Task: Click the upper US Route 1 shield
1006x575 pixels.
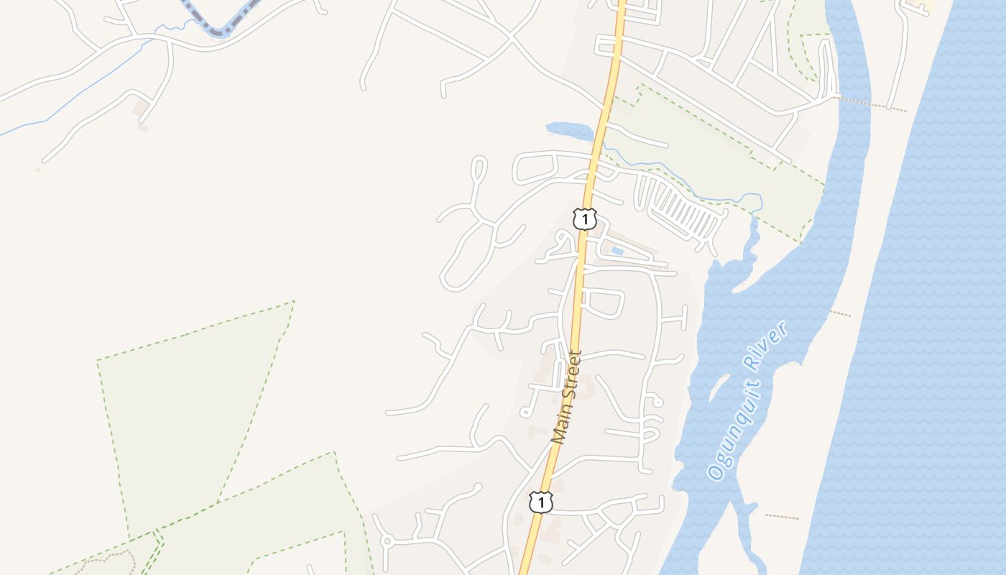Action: [585, 218]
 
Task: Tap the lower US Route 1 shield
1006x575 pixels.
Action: [540, 502]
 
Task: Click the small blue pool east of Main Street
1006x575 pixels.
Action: [617, 251]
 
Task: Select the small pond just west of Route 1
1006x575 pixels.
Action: [568, 130]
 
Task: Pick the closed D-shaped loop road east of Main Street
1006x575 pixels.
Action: [602, 303]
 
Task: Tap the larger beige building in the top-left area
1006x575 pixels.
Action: [140, 108]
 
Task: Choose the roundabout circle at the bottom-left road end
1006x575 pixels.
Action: [387, 540]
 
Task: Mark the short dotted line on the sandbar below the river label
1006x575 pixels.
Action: [782, 516]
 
